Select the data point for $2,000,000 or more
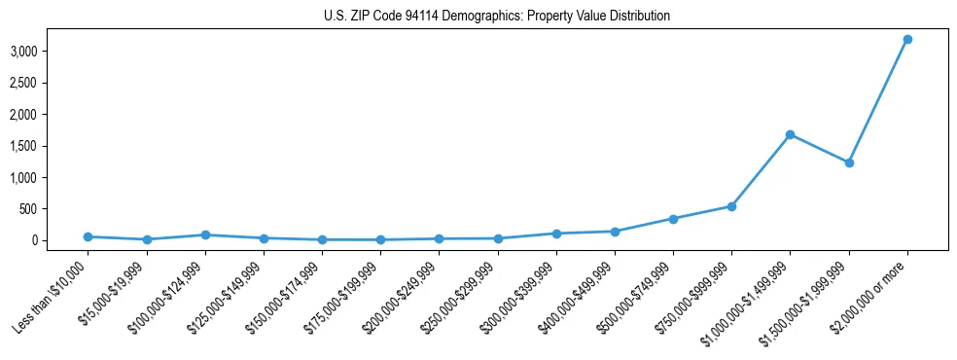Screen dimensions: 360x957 [x=907, y=39]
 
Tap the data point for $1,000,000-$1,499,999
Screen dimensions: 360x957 [x=790, y=134]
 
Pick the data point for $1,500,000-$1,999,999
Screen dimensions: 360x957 [x=849, y=162]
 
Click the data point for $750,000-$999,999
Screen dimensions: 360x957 [x=731, y=206]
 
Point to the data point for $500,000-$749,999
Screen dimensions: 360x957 [x=673, y=219]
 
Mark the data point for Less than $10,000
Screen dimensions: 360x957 [x=88, y=236]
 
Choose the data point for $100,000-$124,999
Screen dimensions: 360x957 [x=205, y=234]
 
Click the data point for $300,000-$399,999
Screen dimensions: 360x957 [x=556, y=234]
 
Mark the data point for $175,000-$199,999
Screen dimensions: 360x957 [x=380, y=239]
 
